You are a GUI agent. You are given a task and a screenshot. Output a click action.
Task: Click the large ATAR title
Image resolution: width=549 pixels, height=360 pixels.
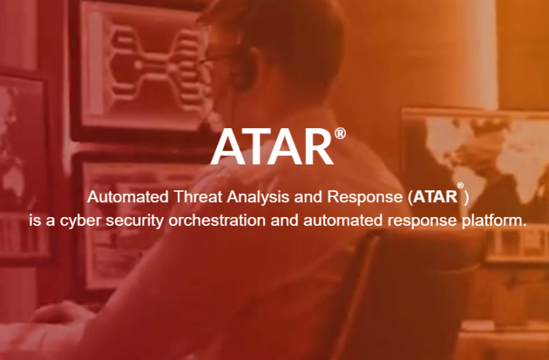click(x=272, y=147)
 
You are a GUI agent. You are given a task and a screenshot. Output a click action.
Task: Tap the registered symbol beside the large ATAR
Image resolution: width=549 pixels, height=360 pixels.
click(x=340, y=133)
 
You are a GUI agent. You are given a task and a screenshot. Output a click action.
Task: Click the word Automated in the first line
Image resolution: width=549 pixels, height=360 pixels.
click(x=127, y=196)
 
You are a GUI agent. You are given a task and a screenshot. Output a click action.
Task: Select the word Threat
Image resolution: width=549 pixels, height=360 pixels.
click(x=198, y=196)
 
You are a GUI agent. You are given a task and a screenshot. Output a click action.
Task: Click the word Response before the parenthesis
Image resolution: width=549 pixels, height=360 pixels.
click(x=365, y=198)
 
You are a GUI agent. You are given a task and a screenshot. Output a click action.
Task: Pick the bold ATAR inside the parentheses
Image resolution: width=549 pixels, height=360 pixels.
click(x=435, y=197)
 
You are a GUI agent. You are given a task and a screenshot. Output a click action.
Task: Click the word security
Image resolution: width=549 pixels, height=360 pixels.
click(x=134, y=221)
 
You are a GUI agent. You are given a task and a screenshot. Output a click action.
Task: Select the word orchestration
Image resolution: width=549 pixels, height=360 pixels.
click(x=217, y=220)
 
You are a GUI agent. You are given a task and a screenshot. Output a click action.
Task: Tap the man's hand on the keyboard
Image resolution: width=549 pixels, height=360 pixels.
click(x=59, y=313)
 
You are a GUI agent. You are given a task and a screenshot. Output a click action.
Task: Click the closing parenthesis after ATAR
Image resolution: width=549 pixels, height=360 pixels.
click(x=466, y=198)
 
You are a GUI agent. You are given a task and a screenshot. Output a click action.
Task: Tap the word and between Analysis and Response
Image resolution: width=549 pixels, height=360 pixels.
click(x=308, y=196)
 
